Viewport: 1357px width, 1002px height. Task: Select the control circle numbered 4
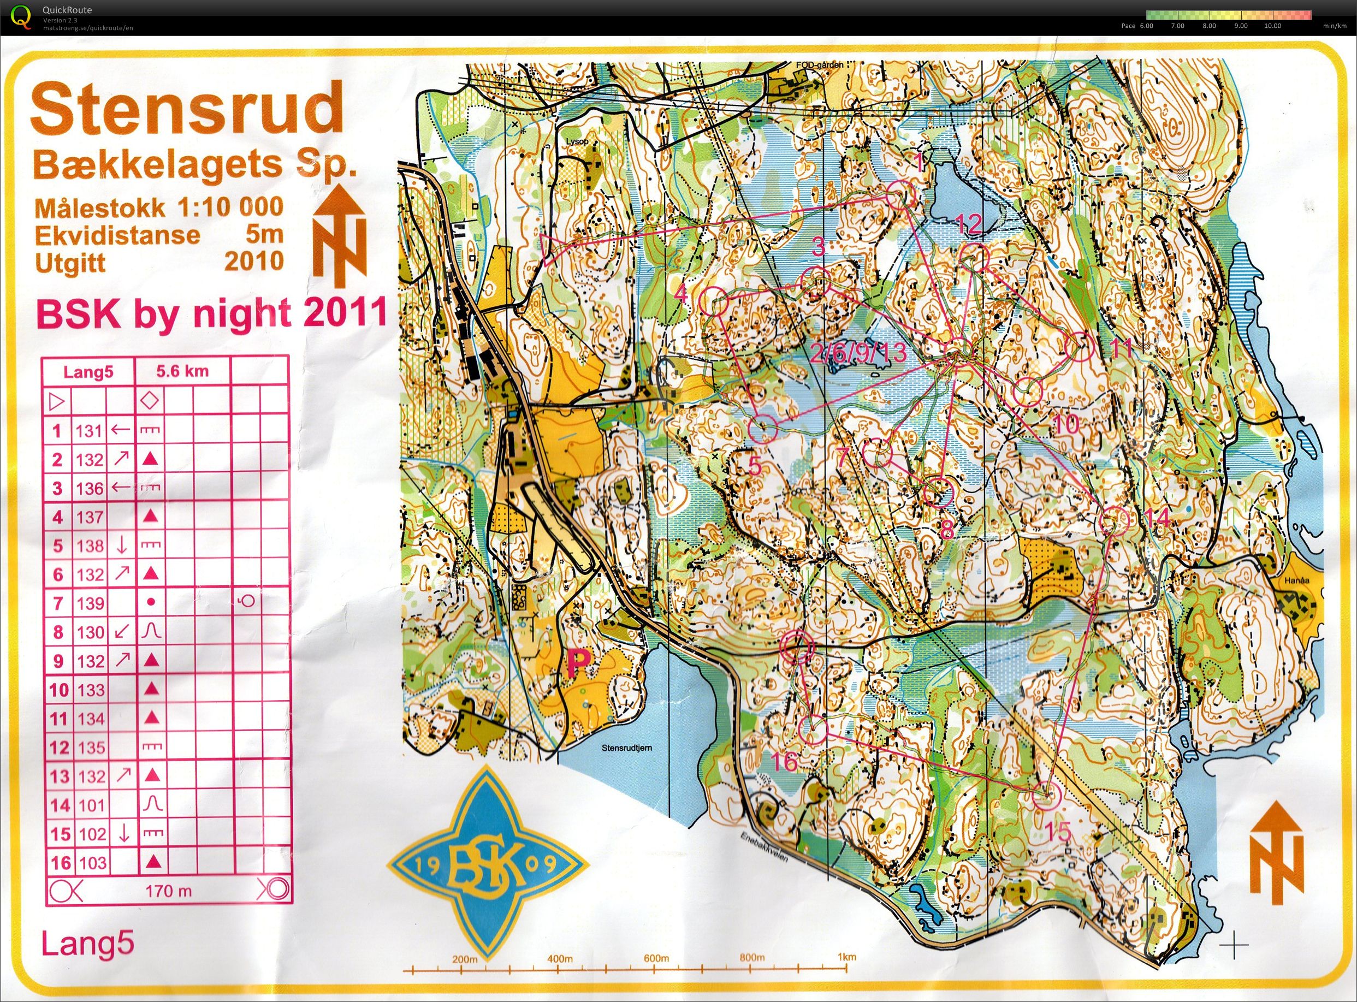714,300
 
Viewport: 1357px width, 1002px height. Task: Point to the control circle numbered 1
900,196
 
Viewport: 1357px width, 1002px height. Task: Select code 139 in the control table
91,603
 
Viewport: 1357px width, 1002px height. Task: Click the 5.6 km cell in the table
182,371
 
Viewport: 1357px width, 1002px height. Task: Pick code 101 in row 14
91,805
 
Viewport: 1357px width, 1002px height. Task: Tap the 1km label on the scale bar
846,958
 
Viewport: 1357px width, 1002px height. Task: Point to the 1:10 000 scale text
230,207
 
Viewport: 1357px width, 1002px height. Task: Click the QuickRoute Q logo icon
22,16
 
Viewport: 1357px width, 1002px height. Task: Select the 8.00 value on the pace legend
1208,26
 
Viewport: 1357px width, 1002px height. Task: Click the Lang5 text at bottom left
87,944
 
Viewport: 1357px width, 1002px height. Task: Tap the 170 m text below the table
169,891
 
